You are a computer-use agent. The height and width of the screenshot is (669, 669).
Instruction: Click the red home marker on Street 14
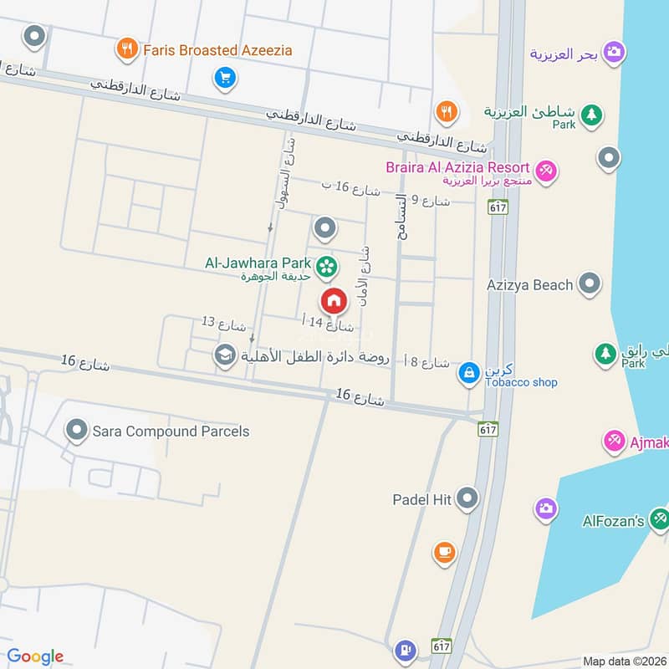pos(333,299)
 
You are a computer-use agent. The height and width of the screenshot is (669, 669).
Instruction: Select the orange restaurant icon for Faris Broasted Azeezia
pos(127,49)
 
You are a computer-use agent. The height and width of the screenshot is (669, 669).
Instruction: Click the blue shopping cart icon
pos(224,79)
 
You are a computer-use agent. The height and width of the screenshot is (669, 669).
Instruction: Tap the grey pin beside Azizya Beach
pos(590,283)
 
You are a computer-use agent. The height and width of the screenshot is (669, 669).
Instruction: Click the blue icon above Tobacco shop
pos(468,372)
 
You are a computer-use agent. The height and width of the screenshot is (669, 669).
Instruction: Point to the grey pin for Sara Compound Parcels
pos(77,432)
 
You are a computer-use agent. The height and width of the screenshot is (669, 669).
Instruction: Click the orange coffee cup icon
pos(444,552)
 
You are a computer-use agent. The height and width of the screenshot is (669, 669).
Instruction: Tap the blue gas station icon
pos(406,648)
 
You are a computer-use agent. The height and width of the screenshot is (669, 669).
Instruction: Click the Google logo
pos(35,656)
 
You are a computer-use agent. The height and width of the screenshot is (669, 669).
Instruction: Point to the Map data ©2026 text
pos(623,661)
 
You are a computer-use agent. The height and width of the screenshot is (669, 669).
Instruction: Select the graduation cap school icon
pos(224,356)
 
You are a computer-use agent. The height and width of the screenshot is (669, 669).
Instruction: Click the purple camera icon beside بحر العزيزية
pos(615,52)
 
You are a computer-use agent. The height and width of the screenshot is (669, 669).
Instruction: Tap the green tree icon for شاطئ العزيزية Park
pos(591,115)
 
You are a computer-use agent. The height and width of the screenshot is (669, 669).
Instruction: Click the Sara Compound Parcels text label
pos(171,432)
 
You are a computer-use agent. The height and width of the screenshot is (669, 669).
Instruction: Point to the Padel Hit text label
pos(422,499)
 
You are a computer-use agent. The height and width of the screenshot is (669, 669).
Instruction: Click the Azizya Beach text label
pos(530,284)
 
